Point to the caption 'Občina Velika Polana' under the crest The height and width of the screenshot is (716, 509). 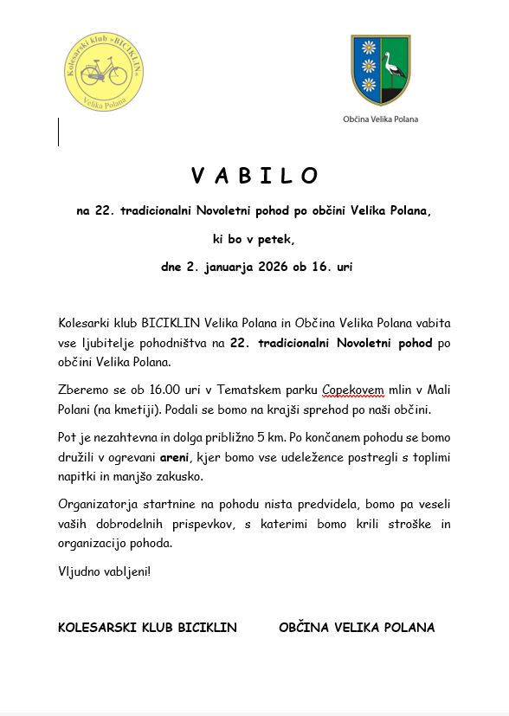click(380, 119)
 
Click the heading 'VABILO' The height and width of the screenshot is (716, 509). click(254, 176)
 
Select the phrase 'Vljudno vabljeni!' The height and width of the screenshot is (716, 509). click(104, 572)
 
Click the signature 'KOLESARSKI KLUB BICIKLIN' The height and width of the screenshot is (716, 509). click(147, 628)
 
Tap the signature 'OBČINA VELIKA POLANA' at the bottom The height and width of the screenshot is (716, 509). click(357, 628)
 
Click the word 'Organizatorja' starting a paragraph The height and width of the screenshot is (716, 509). click(94, 505)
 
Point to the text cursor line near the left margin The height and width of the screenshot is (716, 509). click(59, 132)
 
